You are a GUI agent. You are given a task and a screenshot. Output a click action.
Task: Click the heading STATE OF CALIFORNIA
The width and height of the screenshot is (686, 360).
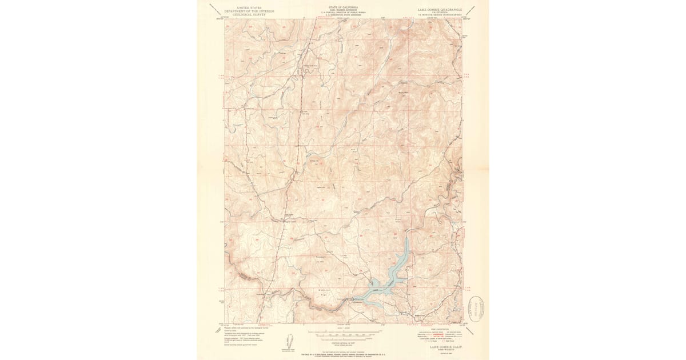[x=341, y=6]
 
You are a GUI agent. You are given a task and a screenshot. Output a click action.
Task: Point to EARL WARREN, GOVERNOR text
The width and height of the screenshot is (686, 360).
[x=341, y=9]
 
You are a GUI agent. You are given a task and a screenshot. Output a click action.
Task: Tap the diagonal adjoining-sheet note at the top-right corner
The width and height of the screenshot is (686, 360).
[x=472, y=8]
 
